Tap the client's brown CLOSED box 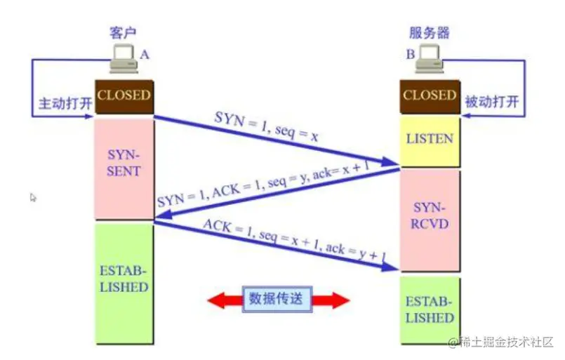coord(124,95)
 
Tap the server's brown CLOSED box coord(429,95)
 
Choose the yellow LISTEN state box coord(430,138)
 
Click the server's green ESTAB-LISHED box coord(430,309)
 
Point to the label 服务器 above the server coord(429,33)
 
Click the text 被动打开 coord(492,102)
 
